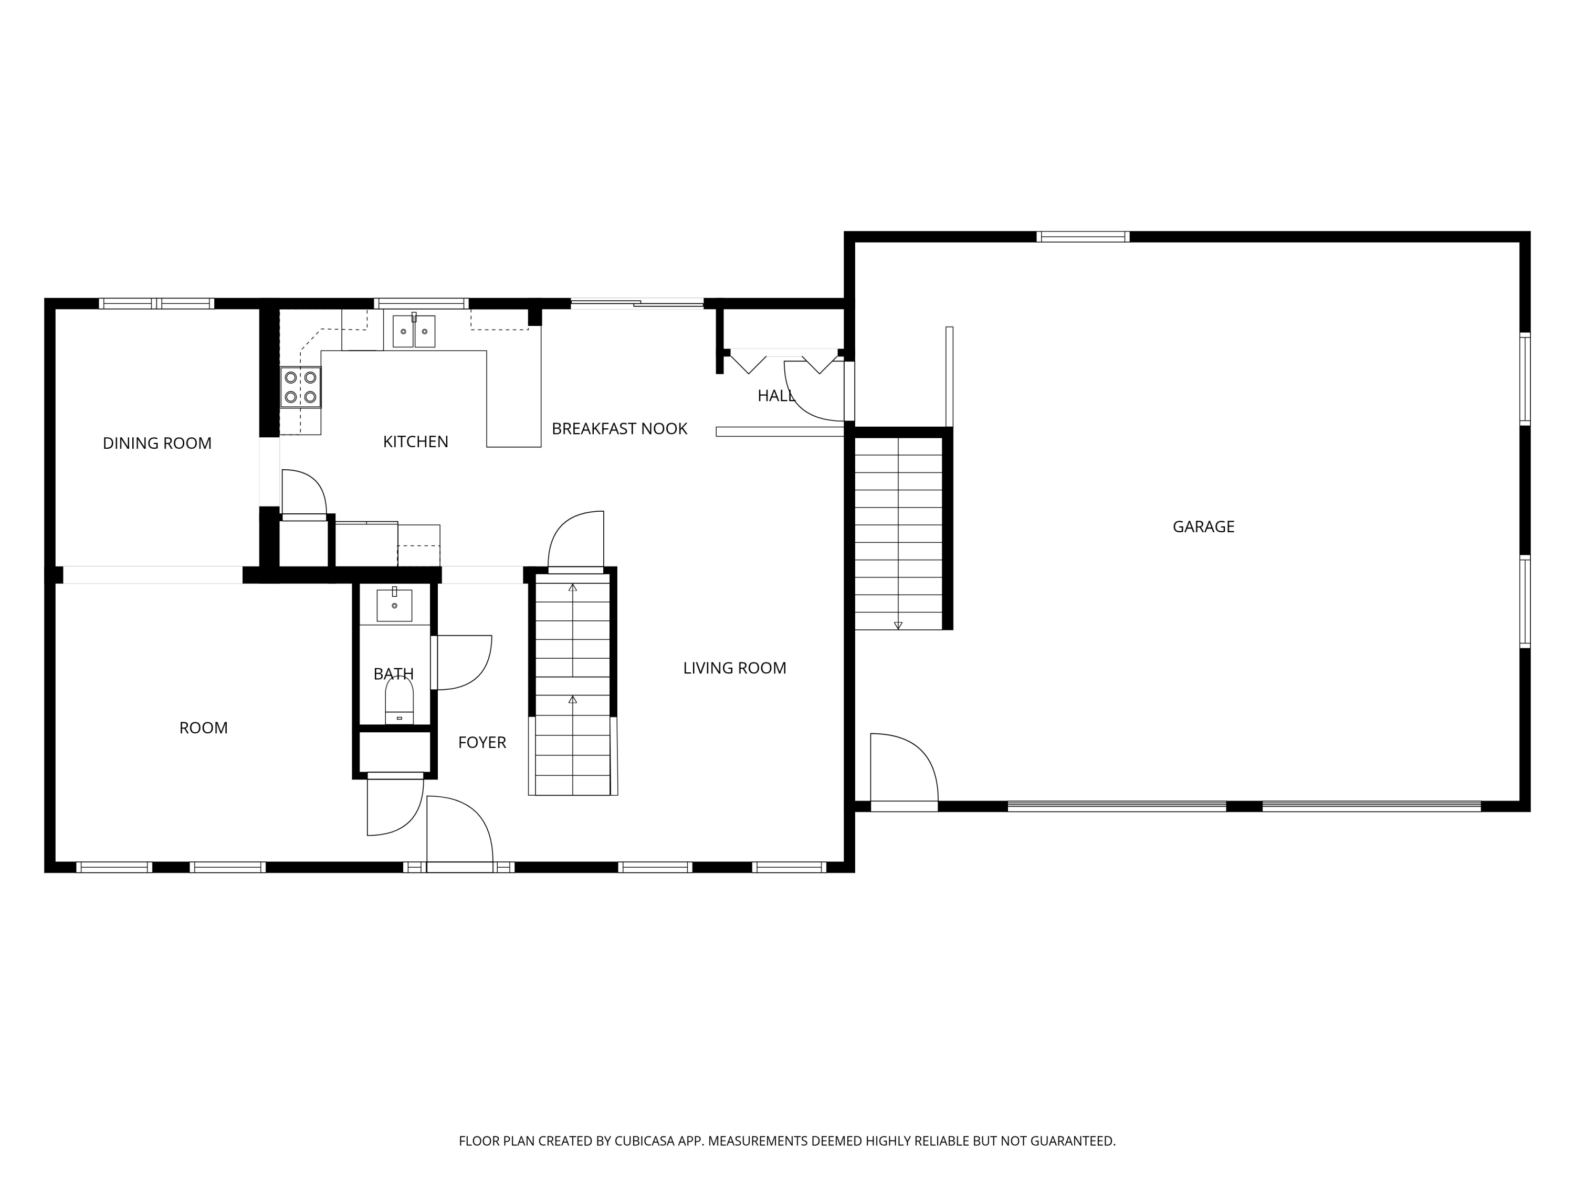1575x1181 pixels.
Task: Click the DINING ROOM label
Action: tap(157, 444)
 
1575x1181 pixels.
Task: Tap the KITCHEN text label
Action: tap(416, 442)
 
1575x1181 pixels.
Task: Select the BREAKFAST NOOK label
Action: tap(619, 428)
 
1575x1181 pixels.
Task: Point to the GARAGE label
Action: tap(1203, 527)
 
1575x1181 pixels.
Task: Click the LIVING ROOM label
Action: tap(735, 668)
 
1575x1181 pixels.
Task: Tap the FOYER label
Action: tap(482, 743)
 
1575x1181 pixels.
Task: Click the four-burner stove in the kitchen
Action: tap(300, 386)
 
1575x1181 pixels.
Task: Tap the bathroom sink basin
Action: tap(394, 605)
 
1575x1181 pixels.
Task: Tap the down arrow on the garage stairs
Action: tap(898, 626)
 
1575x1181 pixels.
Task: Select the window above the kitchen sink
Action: tap(422, 304)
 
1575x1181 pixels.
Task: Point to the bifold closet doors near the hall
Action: tap(784, 362)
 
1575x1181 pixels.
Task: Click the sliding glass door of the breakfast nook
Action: tap(637, 304)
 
